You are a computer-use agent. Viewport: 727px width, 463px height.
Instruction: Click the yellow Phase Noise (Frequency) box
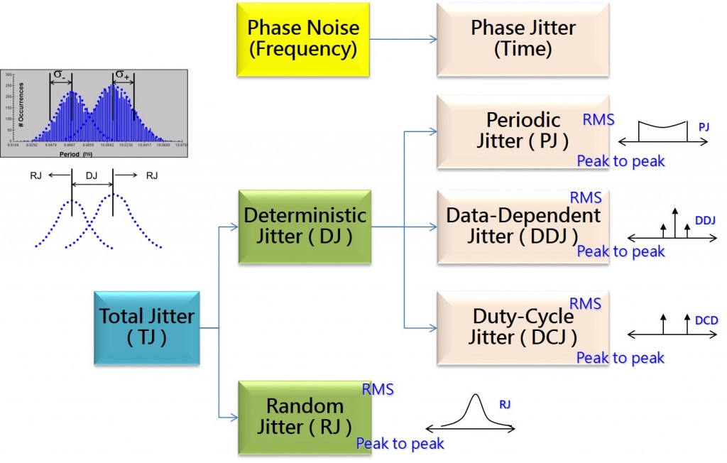coord(303,39)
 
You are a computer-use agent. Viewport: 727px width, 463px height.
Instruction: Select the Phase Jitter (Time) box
coord(523,39)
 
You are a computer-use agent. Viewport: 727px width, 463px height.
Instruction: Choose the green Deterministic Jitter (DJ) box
coord(305,227)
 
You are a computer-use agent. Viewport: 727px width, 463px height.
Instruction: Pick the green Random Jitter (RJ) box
coord(305,417)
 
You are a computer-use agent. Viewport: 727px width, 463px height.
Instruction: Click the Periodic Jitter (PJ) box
coord(523,131)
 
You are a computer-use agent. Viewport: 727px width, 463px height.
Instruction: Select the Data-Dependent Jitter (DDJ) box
coord(523,226)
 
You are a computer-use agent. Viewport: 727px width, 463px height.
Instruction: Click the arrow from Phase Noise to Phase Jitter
coord(403,39)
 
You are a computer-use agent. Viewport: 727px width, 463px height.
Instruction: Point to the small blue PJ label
coord(704,126)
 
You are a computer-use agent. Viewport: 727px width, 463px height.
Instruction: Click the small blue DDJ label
coord(705,221)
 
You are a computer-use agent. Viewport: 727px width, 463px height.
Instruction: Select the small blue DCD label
coord(706,320)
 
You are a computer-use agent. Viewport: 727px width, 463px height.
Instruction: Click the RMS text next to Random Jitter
coord(378,389)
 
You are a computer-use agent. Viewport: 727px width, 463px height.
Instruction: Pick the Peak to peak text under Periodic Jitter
coord(621,161)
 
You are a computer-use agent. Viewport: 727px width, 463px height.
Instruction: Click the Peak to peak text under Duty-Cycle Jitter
coord(621,358)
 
